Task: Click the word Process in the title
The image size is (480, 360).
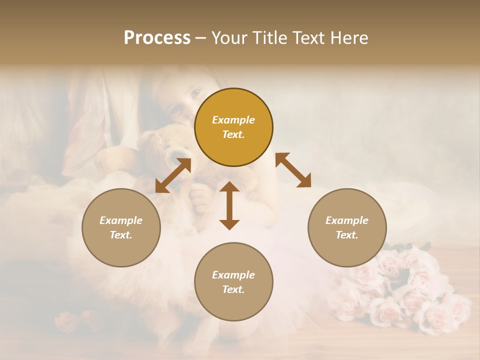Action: (x=157, y=38)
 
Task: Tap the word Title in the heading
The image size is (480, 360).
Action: (x=268, y=38)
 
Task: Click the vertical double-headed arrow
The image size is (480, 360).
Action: (x=229, y=205)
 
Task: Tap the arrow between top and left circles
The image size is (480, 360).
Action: (x=173, y=175)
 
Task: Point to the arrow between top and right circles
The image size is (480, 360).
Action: (x=293, y=170)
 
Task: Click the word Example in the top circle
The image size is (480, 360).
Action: (x=233, y=120)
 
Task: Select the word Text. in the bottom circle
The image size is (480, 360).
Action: (x=233, y=289)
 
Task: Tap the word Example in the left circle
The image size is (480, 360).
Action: (x=121, y=220)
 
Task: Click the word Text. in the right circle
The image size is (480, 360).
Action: (x=347, y=235)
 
